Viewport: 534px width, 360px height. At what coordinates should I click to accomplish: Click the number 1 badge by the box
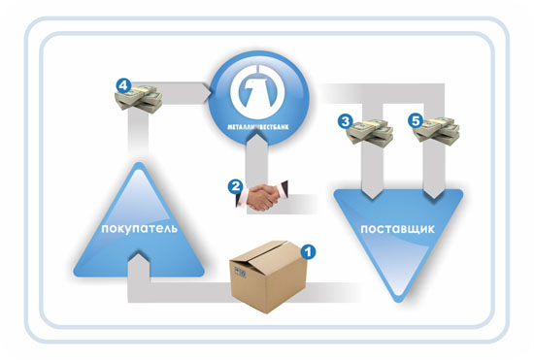coord(308,251)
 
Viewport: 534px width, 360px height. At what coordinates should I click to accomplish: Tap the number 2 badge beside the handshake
coord(235,187)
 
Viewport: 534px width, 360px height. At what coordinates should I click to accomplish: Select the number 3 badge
coord(346,121)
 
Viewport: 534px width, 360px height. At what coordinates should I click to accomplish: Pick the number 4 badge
coord(123,85)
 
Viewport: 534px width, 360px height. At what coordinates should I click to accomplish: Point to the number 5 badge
coord(416,120)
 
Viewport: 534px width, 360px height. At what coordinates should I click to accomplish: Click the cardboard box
coord(268,277)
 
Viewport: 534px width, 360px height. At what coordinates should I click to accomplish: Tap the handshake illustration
coord(262,196)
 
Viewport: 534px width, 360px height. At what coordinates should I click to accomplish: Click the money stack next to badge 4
coord(139,99)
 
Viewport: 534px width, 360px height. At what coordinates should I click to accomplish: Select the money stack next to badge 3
coord(370,133)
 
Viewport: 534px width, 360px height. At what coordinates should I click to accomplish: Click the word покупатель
coord(139,228)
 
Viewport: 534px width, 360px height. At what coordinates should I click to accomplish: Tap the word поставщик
coord(397,229)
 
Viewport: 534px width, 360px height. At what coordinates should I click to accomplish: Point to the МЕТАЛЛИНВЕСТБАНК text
coord(258,127)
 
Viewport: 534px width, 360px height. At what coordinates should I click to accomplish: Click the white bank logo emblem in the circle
coord(257,89)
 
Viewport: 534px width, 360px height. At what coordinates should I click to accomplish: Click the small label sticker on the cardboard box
coord(240,273)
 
